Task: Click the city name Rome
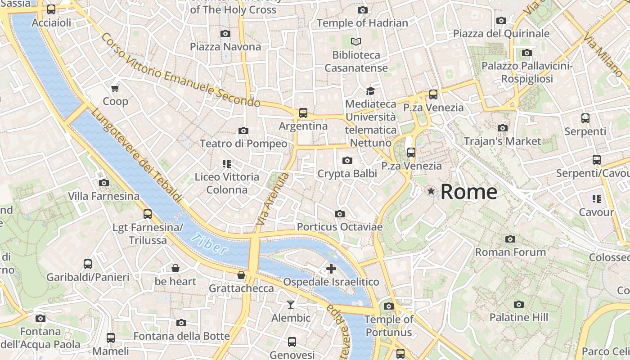coord(468,192)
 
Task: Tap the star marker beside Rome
coord(431,191)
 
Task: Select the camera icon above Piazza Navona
coord(225,33)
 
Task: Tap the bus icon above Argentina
coord(303,112)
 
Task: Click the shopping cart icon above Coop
coord(115,88)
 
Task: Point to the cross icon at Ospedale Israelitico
coord(331,269)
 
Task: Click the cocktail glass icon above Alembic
coord(291,305)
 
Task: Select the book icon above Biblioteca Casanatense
coord(356,42)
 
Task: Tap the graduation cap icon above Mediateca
coord(370,91)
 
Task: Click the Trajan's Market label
coord(502,141)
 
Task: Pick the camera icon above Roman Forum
coord(510,239)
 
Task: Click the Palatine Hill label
coord(519,317)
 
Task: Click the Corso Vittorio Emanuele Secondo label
coord(180,71)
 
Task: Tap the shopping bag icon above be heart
coord(175,269)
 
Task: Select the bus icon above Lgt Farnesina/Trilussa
coord(147,214)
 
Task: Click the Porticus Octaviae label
coord(340,227)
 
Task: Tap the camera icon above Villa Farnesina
coord(104,183)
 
